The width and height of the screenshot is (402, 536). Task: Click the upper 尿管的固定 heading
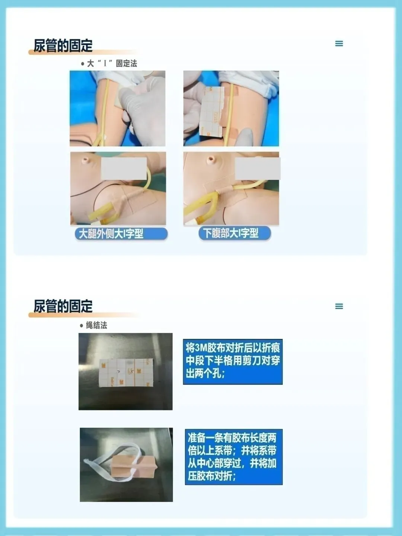click(63, 45)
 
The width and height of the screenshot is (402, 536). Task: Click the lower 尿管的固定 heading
click(63, 306)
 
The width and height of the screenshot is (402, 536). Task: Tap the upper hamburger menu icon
click(339, 44)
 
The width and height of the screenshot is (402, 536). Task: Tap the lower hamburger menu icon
click(339, 306)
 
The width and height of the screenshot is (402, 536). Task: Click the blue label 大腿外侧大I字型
click(121, 234)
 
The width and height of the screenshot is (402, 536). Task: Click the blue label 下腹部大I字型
click(234, 233)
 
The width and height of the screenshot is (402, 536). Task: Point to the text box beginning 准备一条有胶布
click(234, 457)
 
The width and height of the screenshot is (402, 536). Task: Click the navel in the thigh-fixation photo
click(86, 160)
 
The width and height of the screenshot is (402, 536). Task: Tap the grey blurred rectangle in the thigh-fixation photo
click(124, 169)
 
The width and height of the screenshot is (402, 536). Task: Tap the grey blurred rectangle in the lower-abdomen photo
click(258, 169)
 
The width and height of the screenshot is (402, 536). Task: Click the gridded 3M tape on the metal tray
click(126, 373)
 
